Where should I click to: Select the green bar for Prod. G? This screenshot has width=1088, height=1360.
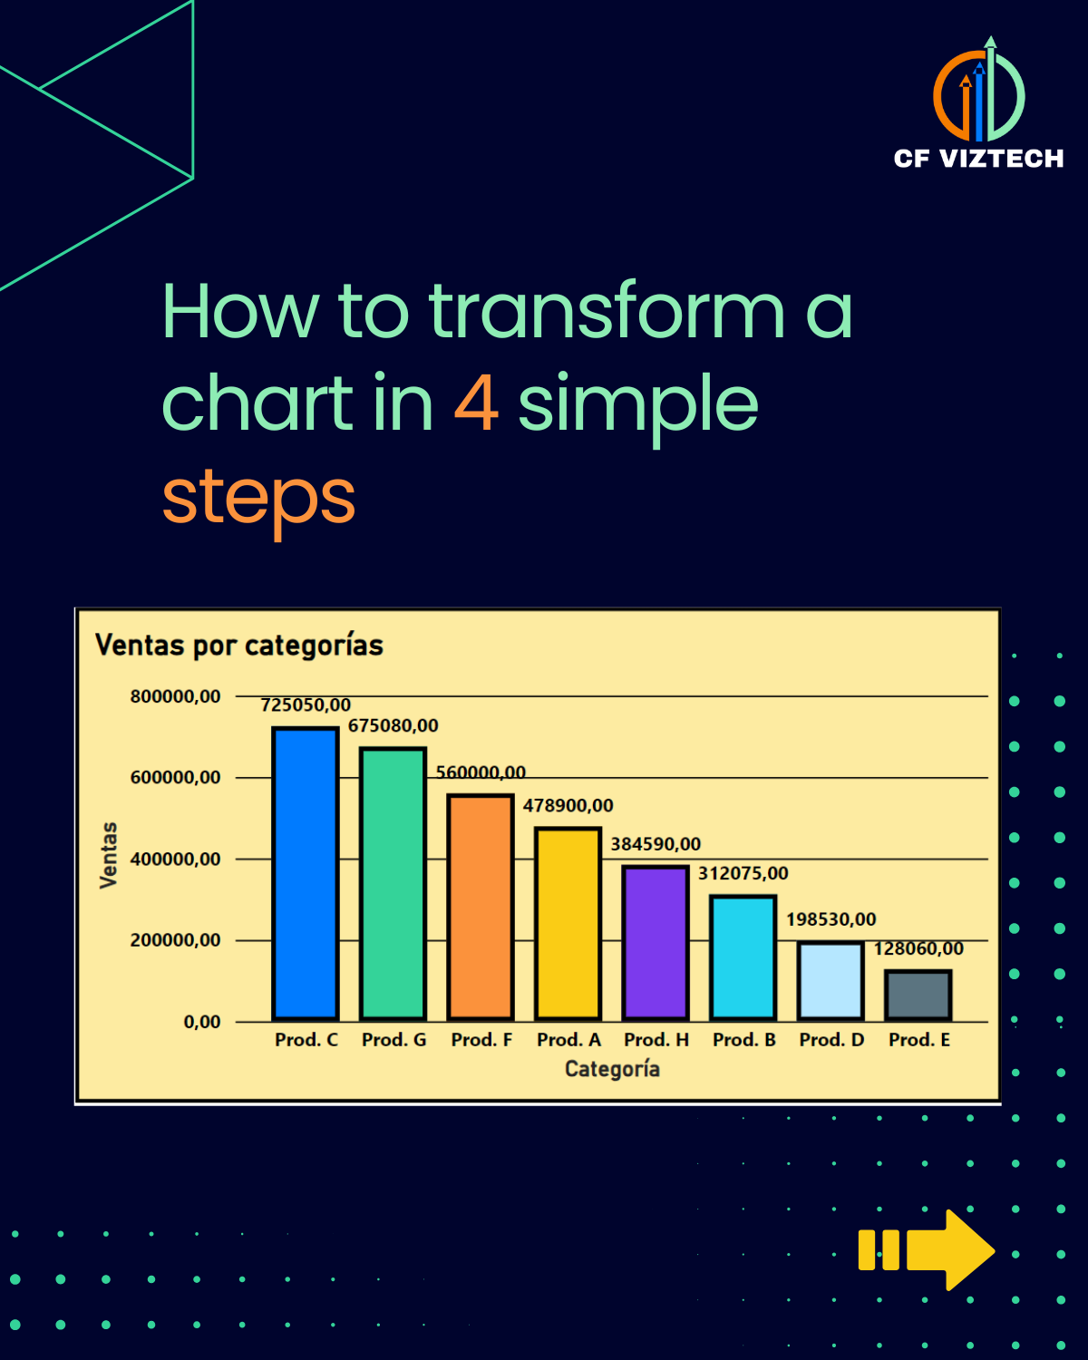(x=393, y=883)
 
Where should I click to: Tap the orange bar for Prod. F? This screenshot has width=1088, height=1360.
(x=481, y=907)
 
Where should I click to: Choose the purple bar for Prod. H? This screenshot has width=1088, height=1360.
(x=655, y=943)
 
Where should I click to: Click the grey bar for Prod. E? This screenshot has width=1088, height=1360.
(x=918, y=995)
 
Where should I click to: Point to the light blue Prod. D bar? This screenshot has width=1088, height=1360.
(x=831, y=981)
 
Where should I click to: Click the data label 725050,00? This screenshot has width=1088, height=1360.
(x=306, y=704)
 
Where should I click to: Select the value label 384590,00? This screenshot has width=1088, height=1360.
(x=656, y=844)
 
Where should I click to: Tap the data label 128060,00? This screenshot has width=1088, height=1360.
(x=918, y=948)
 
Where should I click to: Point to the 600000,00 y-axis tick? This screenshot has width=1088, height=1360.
(x=175, y=777)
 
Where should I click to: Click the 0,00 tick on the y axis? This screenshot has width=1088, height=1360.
(x=201, y=1022)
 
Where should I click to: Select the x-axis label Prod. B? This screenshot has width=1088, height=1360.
(x=743, y=1040)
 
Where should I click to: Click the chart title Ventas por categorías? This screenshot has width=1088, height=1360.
(x=239, y=645)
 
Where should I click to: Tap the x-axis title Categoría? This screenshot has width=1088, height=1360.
(x=612, y=1069)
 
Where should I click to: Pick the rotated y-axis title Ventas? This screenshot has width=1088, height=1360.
(x=109, y=855)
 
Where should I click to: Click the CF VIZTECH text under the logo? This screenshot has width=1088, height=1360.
(x=978, y=159)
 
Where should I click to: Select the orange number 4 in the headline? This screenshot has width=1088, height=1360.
(x=476, y=403)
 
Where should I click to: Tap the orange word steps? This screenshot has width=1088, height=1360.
(x=258, y=497)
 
